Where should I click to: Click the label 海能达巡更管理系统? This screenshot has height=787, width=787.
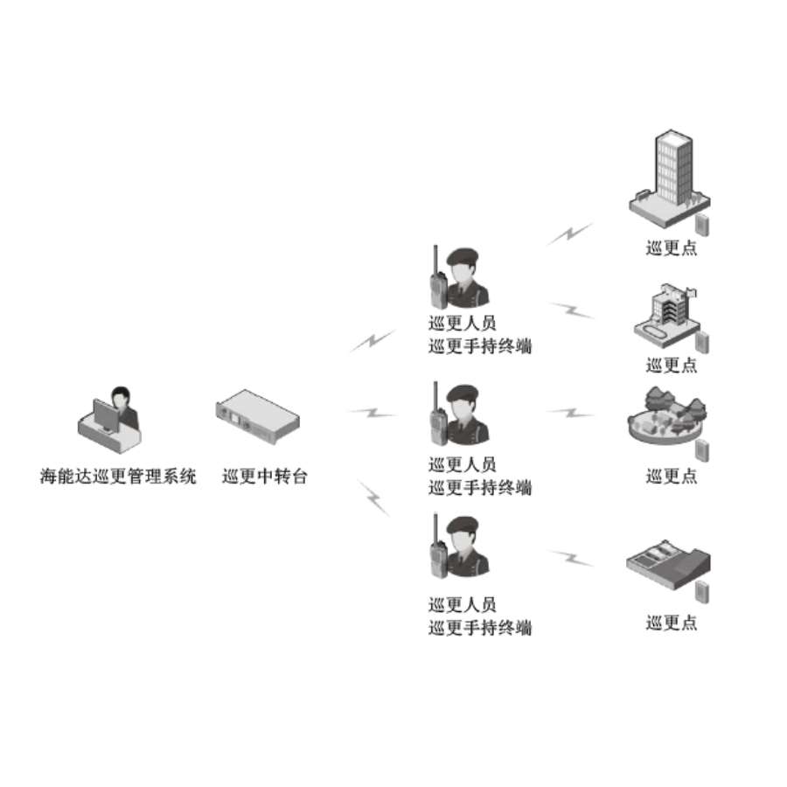click(118, 477)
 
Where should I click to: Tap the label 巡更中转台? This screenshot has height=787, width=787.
click(265, 477)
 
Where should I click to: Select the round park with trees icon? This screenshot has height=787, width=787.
click(668, 419)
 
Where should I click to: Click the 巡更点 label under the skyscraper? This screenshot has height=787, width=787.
click(672, 248)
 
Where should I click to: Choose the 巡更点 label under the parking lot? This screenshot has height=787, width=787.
click(672, 623)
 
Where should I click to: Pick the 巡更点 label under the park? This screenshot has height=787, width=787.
click(672, 477)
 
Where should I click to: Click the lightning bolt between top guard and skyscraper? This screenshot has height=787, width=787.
click(570, 233)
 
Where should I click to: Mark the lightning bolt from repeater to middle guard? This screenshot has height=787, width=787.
click(373, 411)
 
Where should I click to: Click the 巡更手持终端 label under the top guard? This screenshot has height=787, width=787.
click(480, 346)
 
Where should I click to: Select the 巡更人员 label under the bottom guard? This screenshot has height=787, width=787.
click(463, 604)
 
